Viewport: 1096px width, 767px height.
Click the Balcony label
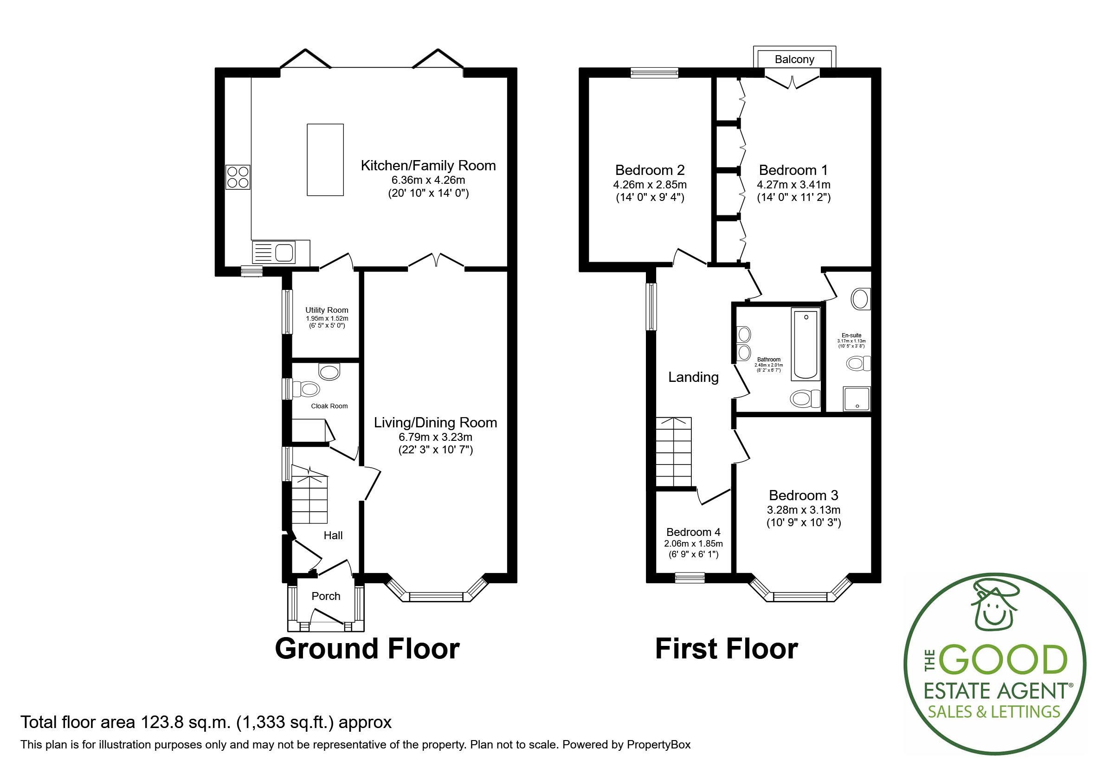click(794, 59)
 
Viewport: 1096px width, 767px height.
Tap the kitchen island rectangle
click(325, 160)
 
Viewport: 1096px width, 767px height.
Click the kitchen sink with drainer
click(273, 252)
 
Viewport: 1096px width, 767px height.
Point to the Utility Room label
click(327, 310)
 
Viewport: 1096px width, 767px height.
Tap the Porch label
click(326, 596)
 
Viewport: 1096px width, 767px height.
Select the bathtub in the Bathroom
click(806, 344)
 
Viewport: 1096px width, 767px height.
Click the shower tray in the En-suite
click(857, 399)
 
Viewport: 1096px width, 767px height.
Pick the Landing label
click(693, 377)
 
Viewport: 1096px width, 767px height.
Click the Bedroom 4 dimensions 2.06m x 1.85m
click(693, 544)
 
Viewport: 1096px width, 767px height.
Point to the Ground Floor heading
click(367, 649)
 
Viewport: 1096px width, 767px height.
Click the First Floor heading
click(726, 649)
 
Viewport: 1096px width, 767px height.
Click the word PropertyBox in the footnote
click(658, 745)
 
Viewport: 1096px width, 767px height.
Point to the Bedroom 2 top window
click(654, 72)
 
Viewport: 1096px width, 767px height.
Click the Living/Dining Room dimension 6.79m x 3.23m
click(435, 437)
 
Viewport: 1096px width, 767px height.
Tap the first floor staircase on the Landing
click(674, 451)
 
